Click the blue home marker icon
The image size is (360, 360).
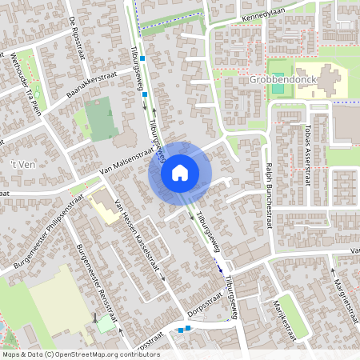[180, 172]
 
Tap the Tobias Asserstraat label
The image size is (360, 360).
[307, 152]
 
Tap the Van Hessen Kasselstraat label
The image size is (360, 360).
[139, 238]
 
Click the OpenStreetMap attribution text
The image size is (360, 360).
[80, 354]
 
